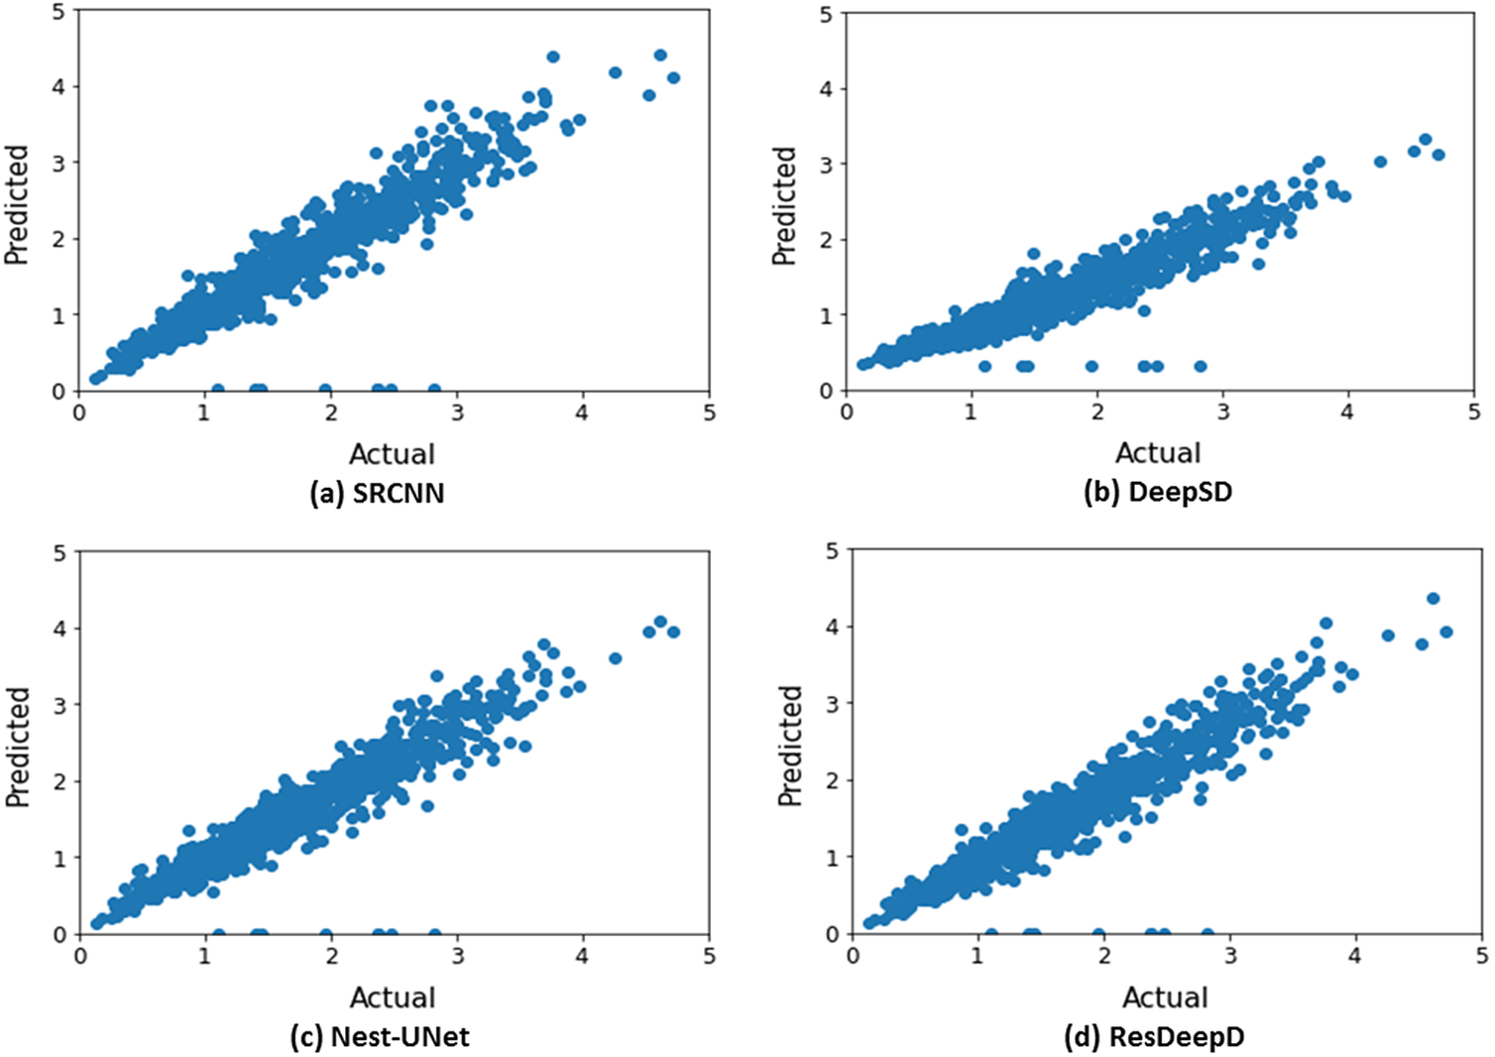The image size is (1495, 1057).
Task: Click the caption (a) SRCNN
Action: click(x=377, y=493)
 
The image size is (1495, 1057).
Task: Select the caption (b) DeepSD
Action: click(x=1157, y=492)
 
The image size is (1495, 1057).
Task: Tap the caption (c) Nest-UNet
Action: click(x=380, y=1037)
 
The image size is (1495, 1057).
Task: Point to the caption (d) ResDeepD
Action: click(x=1154, y=1037)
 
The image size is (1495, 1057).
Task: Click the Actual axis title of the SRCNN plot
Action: click(x=392, y=454)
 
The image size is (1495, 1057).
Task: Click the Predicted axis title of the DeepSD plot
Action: click(x=784, y=206)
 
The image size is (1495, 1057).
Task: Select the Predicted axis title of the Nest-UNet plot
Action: click(x=18, y=747)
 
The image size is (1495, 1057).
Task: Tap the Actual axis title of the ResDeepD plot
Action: click(x=1165, y=997)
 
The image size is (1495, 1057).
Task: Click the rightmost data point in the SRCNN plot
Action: click(x=673, y=77)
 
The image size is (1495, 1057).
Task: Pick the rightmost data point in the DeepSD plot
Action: click(x=1438, y=155)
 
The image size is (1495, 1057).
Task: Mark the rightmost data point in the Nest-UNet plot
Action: click(x=673, y=632)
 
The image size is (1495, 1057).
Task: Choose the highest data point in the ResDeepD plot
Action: click(x=1433, y=598)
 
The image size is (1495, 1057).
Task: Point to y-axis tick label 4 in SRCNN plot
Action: click(x=58, y=86)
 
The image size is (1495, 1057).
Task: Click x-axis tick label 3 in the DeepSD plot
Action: click(x=1222, y=411)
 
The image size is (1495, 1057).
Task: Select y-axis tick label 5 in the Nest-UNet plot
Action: click(x=59, y=551)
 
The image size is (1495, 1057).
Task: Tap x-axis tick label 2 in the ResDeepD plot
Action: click(x=1104, y=955)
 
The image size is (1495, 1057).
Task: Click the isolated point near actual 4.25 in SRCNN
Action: click(x=615, y=72)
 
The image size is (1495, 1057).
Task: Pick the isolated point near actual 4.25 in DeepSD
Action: click(x=1380, y=161)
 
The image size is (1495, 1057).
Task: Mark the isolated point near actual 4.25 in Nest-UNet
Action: click(x=615, y=658)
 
